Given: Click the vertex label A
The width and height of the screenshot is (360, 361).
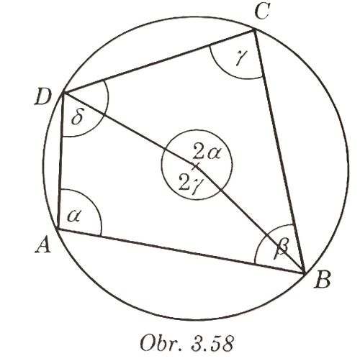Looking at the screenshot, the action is click(x=43, y=246).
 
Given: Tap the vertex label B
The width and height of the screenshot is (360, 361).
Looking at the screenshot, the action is click(x=323, y=280).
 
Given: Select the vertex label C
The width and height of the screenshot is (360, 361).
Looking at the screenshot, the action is click(x=261, y=12).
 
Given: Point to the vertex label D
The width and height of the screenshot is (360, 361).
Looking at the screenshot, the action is click(x=43, y=98).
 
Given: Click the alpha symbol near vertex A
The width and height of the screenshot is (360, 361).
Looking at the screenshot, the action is click(x=74, y=216).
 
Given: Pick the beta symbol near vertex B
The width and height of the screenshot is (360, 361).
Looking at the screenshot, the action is click(x=281, y=249).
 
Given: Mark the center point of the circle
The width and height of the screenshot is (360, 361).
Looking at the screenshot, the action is click(x=196, y=165).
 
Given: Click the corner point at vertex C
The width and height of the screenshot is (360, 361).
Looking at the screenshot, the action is click(x=253, y=30).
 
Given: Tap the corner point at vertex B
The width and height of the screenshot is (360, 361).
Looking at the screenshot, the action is click(x=305, y=273).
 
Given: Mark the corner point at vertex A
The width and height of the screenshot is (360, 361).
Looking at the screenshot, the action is click(x=58, y=229).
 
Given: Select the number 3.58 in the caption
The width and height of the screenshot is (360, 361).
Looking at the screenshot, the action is click(x=212, y=344).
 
